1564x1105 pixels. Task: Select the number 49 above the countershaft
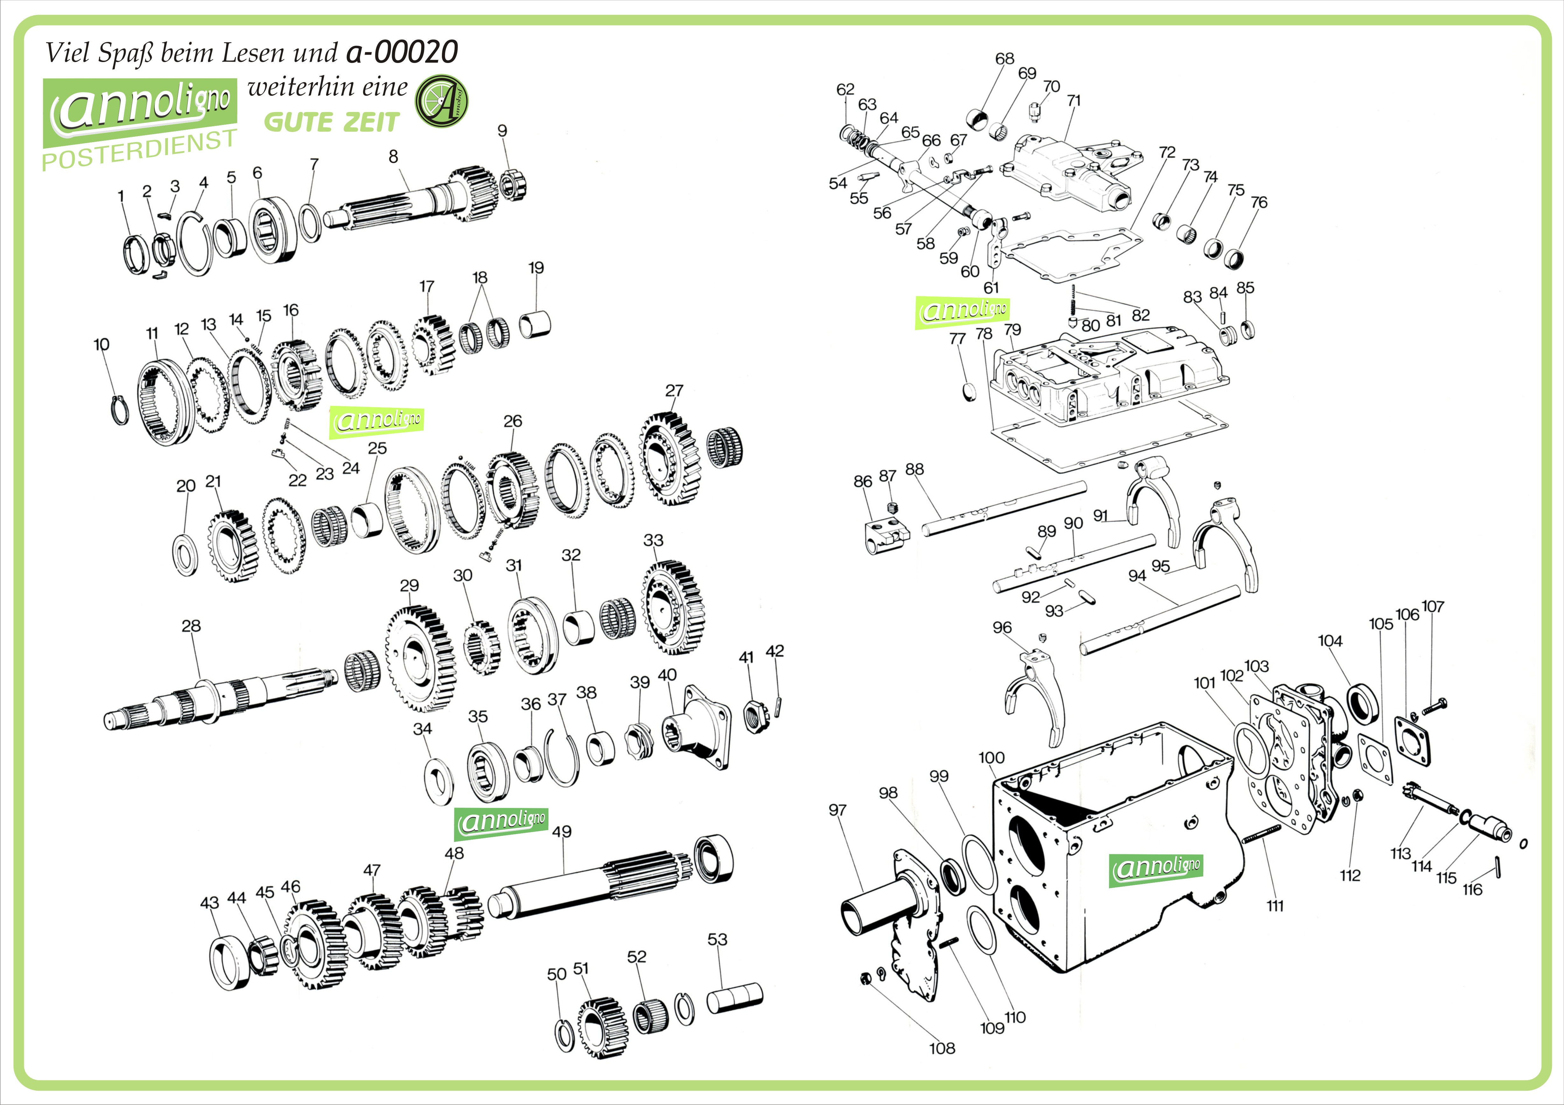[x=562, y=832]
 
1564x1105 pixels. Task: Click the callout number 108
[x=942, y=1048]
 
